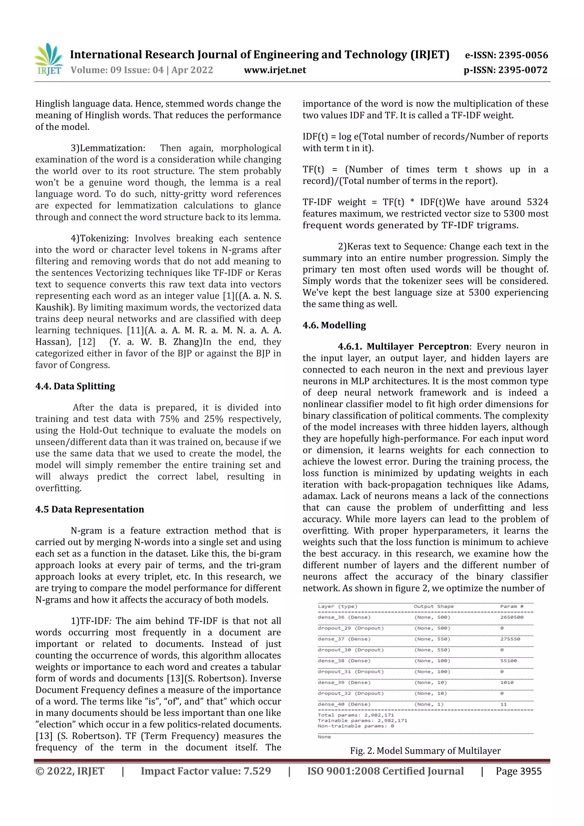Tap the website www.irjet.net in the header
coord(275,70)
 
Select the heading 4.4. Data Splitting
coord(75,386)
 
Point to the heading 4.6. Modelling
coord(334,325)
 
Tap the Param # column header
coord(511,606)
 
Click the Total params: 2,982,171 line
coord(356,715)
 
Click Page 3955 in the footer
coord(518,771)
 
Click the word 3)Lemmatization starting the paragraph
coord(108,148)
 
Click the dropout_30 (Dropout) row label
coord(350,650)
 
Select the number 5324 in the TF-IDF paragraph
coord(538,202)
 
